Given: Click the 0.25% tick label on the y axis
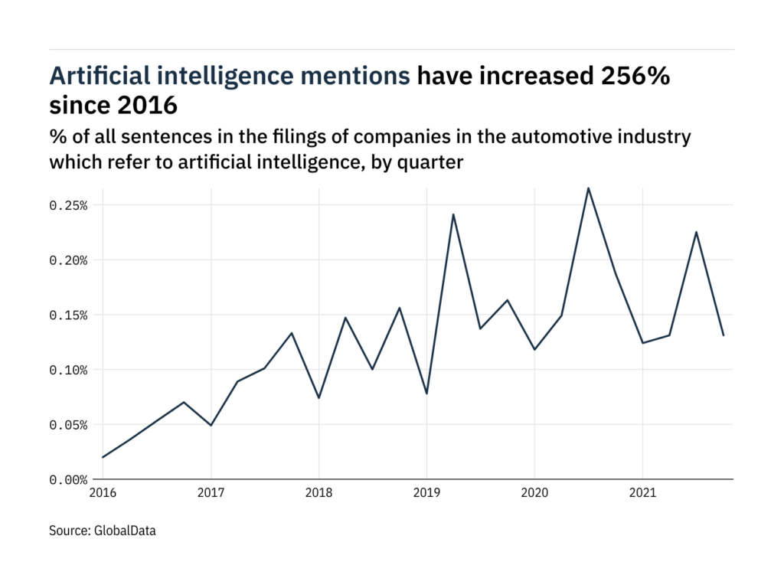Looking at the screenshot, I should [x=70, y=205].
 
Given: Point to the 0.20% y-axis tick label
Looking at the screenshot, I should [x=70, y=260].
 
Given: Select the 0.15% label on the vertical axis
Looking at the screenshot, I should [x=70, y=315].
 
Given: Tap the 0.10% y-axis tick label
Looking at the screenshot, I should [x=70, y=370].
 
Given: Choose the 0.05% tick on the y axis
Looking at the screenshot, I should [x=70, y=425].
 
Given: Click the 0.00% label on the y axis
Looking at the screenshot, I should [x=70, y=480].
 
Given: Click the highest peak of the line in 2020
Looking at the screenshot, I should [x=588, y=188].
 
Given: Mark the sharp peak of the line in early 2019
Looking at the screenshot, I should [x=453, y=214].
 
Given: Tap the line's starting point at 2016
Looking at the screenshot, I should [x=103, y=457].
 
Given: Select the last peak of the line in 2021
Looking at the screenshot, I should [x=696, y=232].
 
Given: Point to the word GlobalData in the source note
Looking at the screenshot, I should [x=124, y=530].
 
